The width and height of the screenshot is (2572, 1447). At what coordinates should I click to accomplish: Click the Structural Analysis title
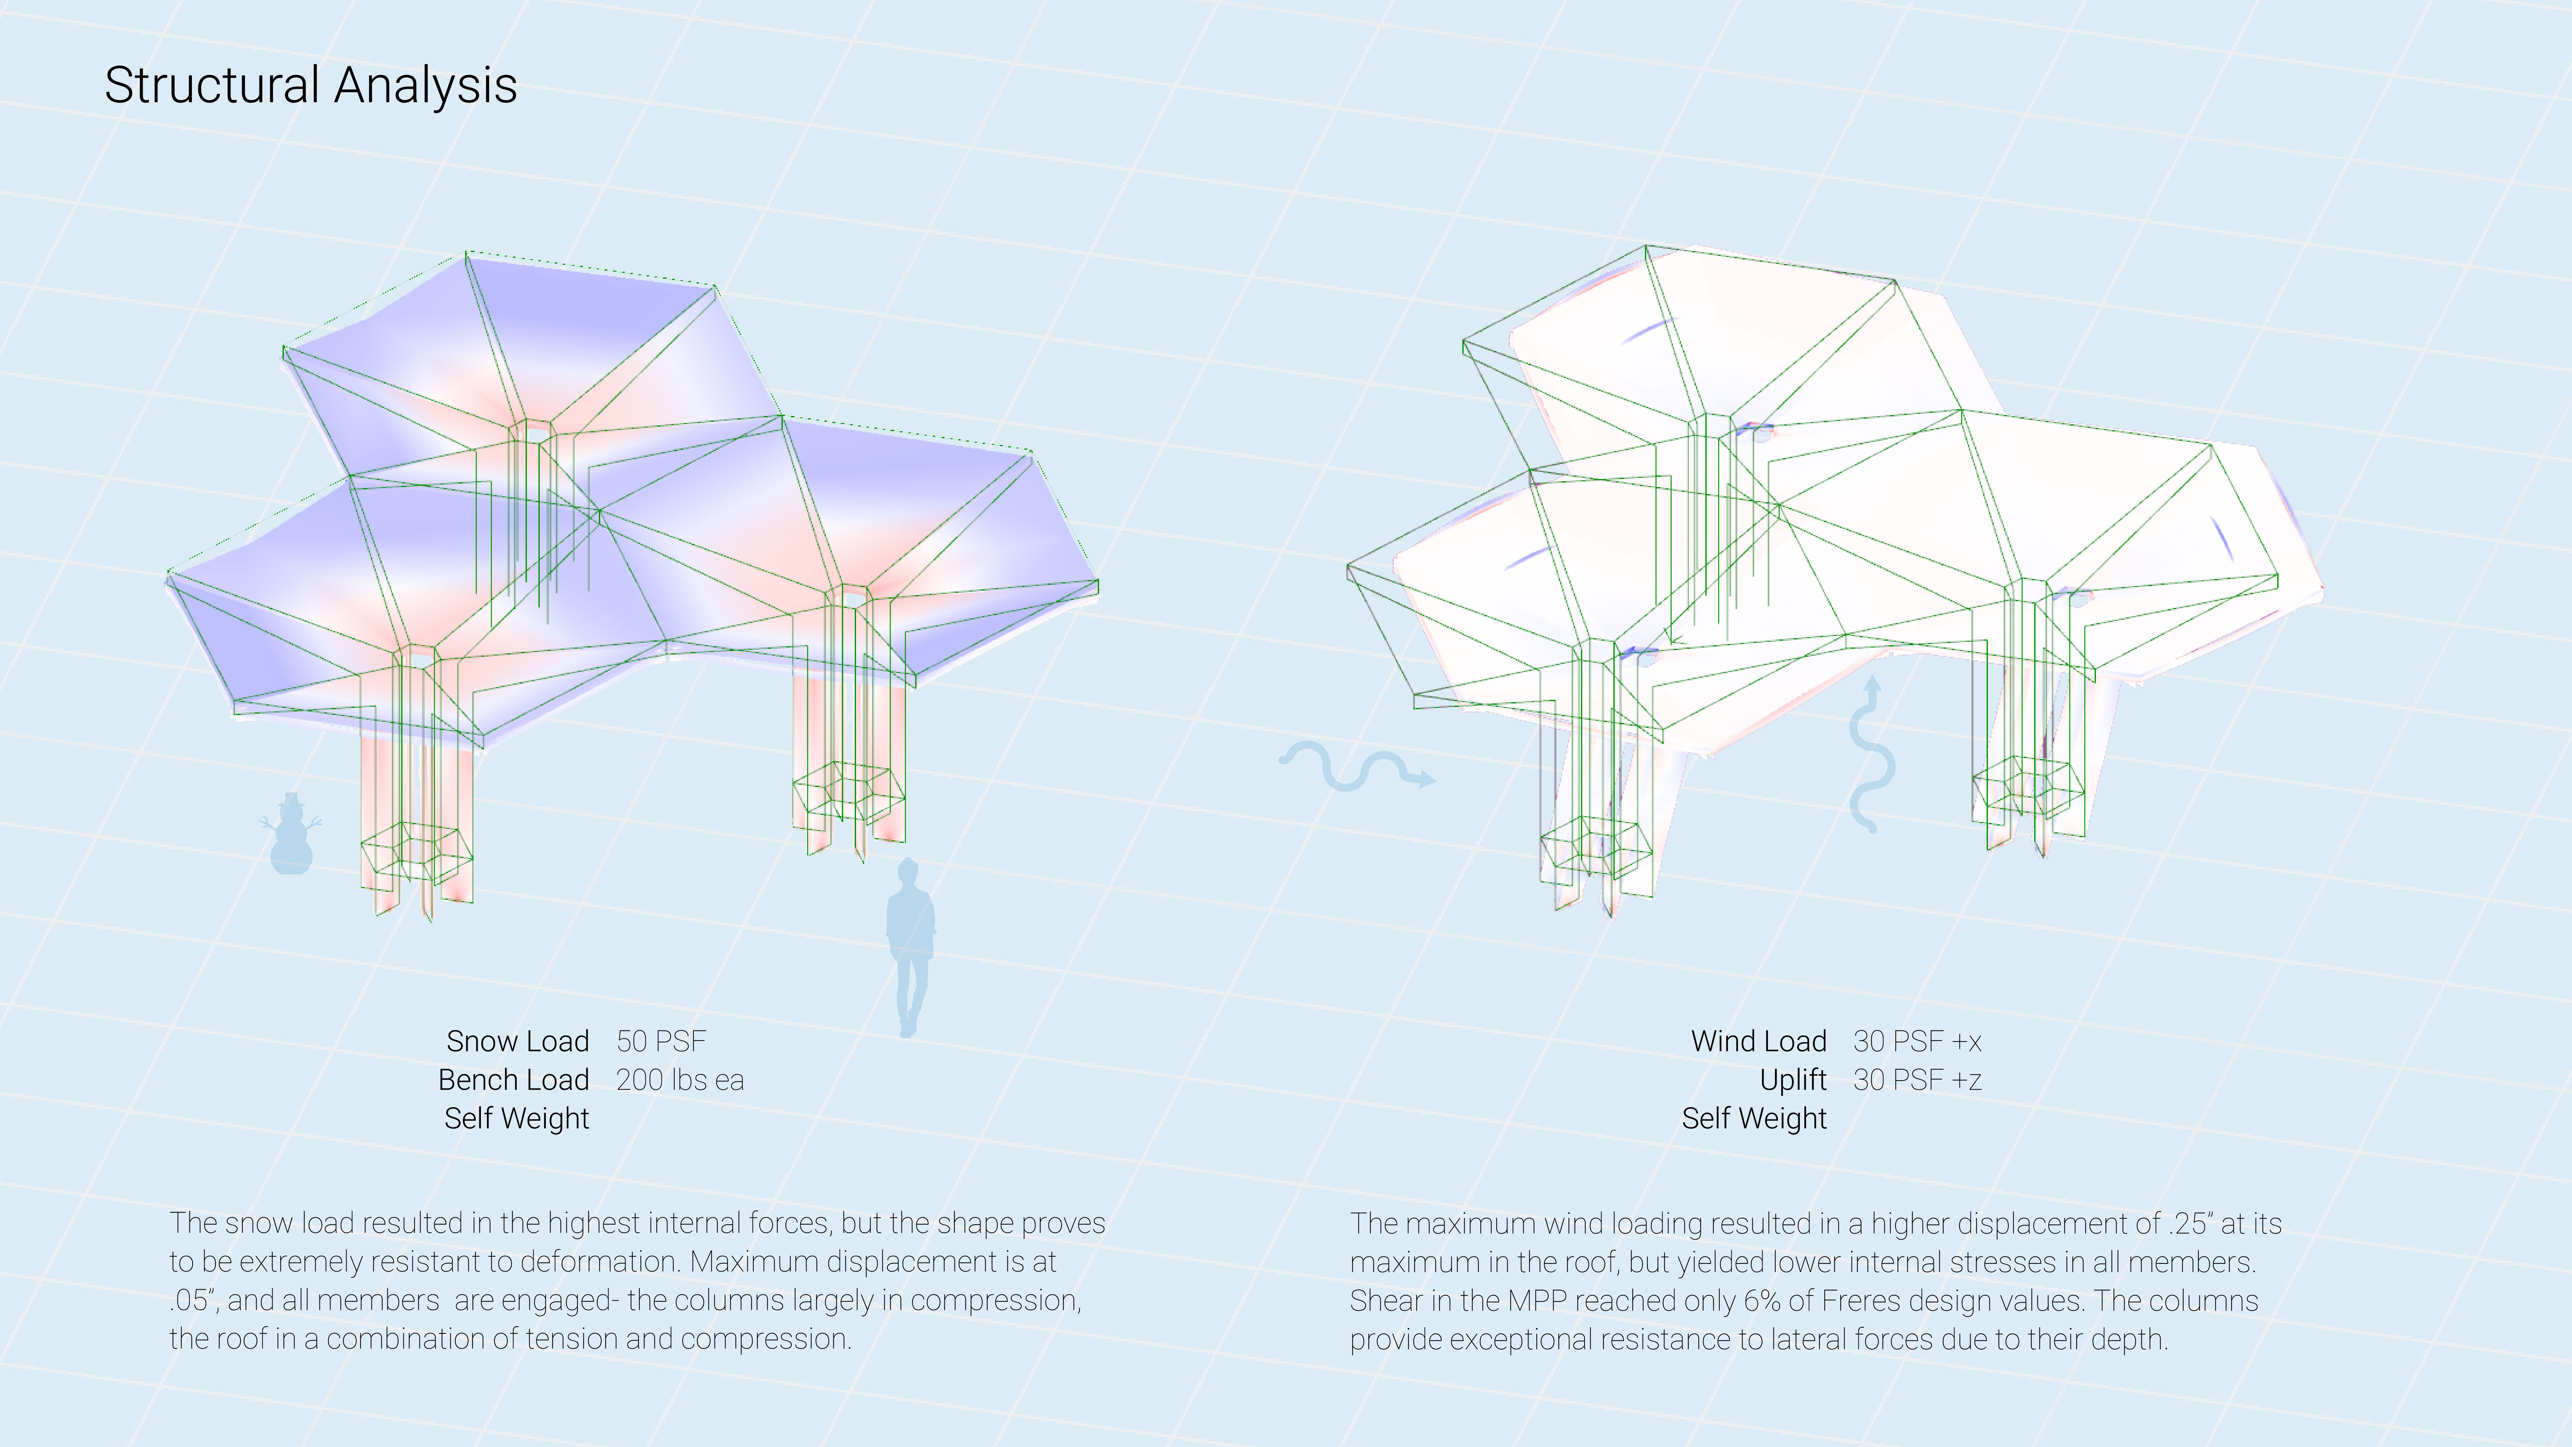pyautogui.click(x=311, y=85)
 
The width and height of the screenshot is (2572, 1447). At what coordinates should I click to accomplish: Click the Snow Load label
pyautogui.click(x=517, y=1042)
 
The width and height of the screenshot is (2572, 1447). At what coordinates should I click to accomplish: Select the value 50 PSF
pyautogui.click(x=661, y=1042)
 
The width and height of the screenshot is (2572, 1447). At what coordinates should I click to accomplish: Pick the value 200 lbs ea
pyautogui.click(x=680, y=1081)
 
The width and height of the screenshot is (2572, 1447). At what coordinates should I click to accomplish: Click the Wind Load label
pyautogui.click(x=1758, y=1042)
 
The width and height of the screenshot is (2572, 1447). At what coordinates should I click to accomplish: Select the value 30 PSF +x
pyautogui.click(x=1917, y=1042)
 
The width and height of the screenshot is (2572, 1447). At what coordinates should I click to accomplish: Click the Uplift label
pyautogui.click(x=1793, y=1081)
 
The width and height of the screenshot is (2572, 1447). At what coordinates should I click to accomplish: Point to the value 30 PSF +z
pyautogui.click(x=1917, y=1081)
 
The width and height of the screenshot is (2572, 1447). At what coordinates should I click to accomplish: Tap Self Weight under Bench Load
pyautogui.click(x=516, y=1118)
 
